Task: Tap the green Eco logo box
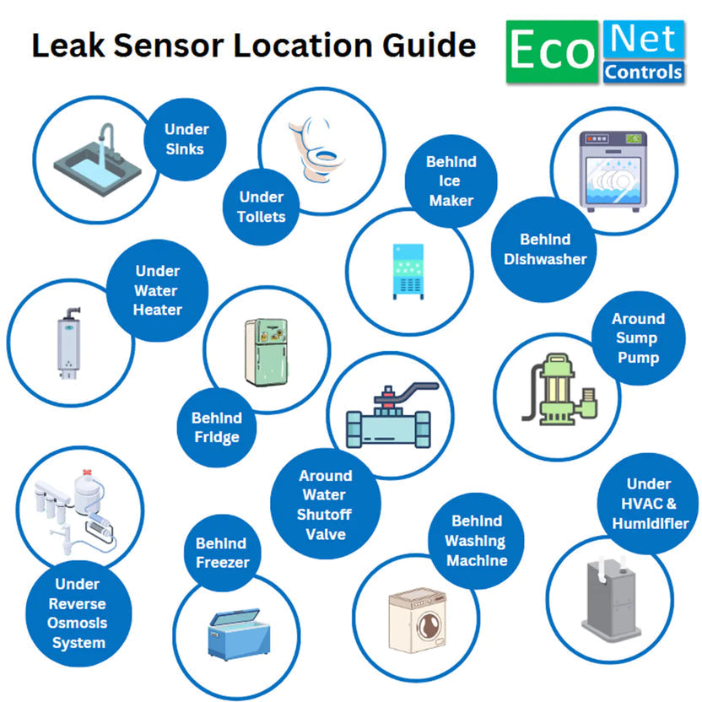[552, 52]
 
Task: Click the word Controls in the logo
[643, 72]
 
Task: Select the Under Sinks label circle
[186, 140]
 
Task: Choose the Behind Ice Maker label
[451, 181]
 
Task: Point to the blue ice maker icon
[408, 271]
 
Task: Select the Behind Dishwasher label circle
[544, 249]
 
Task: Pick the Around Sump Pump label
[638, 338]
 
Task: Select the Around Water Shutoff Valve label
[325, 505]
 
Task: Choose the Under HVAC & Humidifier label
[649, 504]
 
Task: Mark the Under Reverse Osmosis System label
[78, 613]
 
